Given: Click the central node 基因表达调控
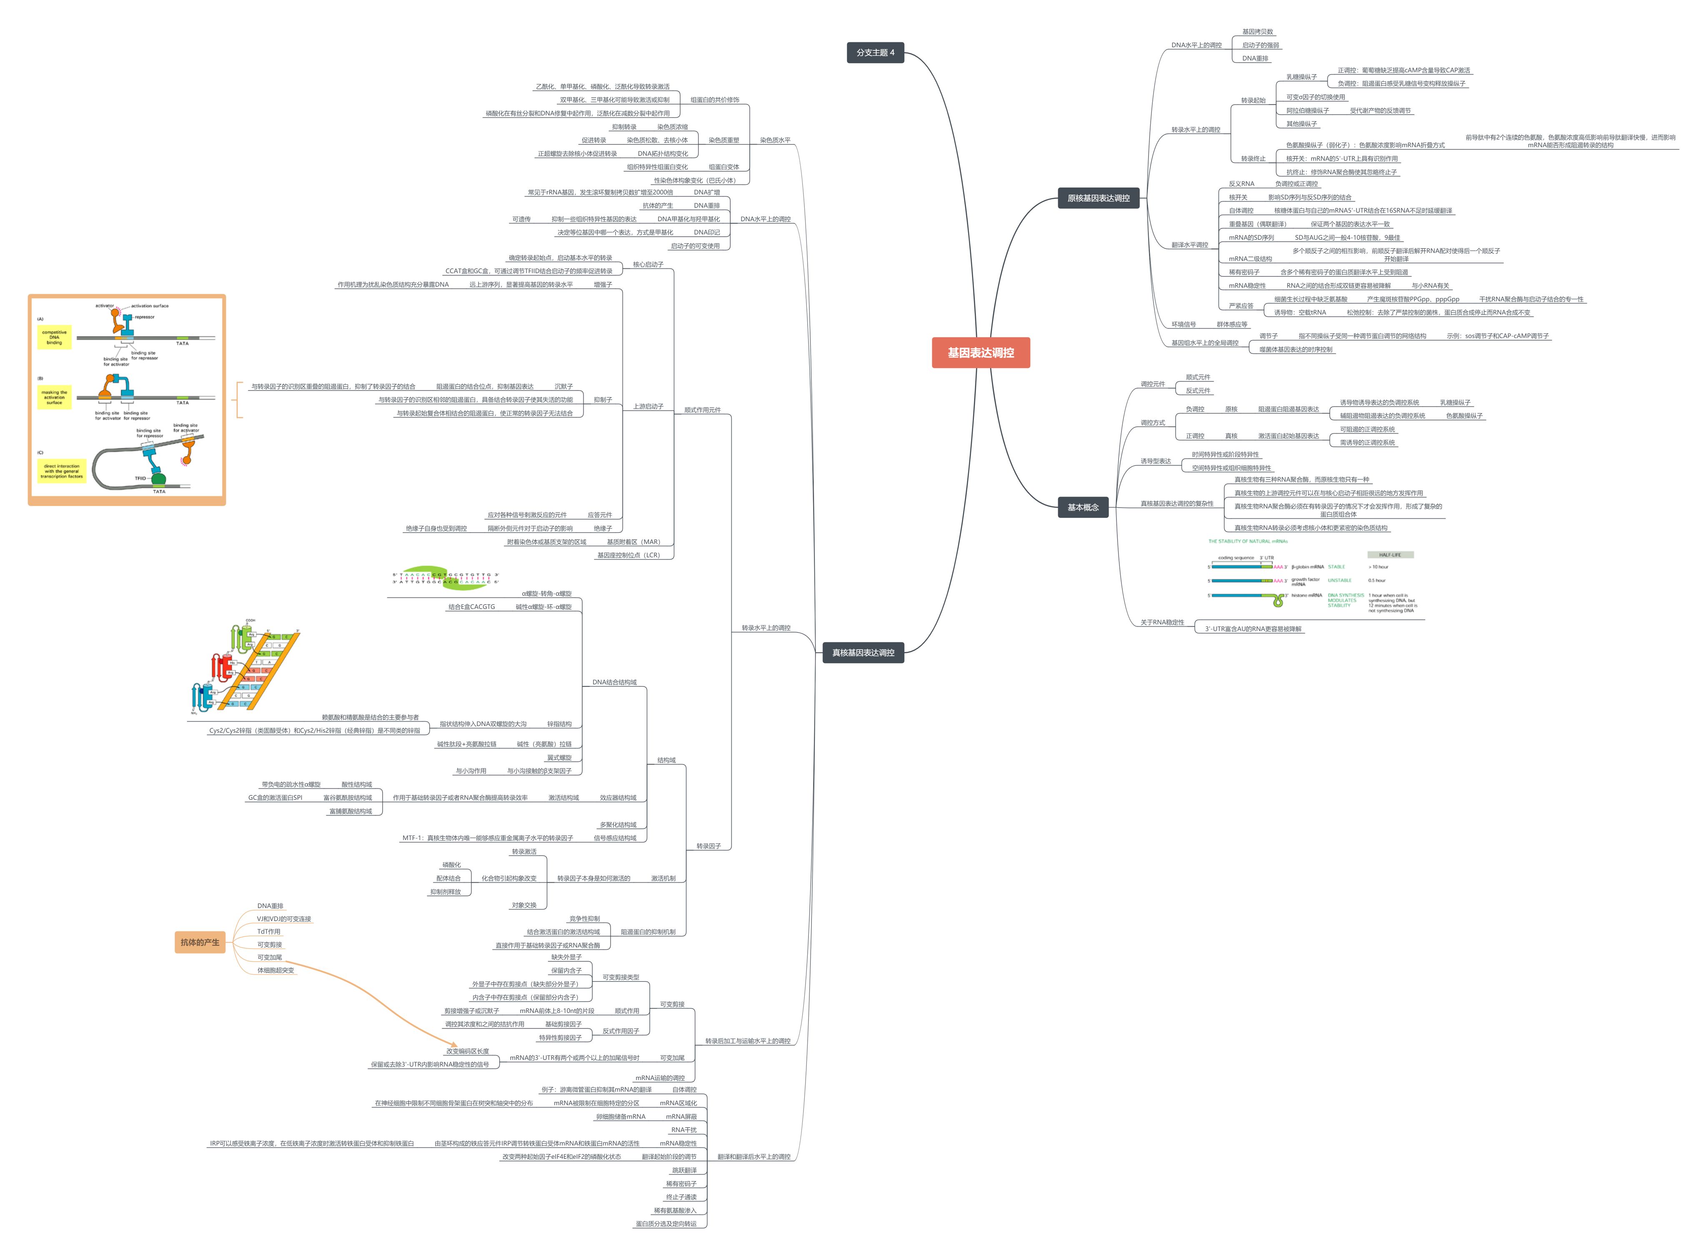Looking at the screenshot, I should pyautogui.click(x=980, y=353).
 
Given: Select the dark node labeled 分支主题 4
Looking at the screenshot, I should pyautogui.click(x=875, y=53).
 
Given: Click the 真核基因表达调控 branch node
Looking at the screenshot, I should pyautogui.click(x=863, y=652).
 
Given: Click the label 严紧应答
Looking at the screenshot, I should pyautogui.click(x=1241, y=305).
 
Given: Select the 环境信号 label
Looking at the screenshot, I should pyautogui.click(x=1183, y=325).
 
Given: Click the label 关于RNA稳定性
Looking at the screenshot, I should pyautogui.click(x=1162, y=622).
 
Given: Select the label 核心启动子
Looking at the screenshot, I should pyautogui.click(x=648, y=265).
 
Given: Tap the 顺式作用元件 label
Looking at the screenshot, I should pyautogui.click(x=702, y=410).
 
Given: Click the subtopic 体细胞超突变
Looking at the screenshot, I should pyautogui.click(x=275, y=970).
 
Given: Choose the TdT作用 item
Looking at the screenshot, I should pyautogui.click(x=268, y=931).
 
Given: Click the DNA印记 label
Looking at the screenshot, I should pyautogui.click(x=706, y=233).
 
